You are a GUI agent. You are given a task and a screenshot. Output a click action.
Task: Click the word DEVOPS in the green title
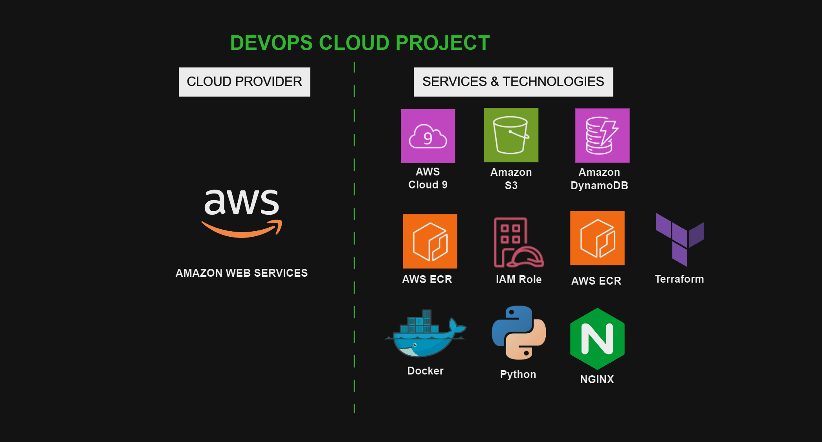coord(271,43)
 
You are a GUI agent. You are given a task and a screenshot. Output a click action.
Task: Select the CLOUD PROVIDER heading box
coord(244,82)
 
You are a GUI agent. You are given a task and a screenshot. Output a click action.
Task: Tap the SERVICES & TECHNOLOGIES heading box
coord(513,82)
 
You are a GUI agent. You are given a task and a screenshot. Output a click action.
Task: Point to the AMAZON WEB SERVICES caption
coord(242,273)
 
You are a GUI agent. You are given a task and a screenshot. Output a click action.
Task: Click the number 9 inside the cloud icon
coord(428,138)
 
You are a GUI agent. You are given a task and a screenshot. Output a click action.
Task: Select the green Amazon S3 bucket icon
coord(511,135)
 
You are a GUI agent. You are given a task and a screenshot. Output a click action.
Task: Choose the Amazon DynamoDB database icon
coord(602,135)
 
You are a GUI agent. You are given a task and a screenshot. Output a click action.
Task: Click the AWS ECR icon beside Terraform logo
coord(597,238)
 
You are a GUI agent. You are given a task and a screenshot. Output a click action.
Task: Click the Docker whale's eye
coord(415,345)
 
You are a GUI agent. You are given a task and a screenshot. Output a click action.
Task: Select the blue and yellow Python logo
coord(519,333)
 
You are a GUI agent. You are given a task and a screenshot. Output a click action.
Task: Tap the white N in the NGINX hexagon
coord(597,339)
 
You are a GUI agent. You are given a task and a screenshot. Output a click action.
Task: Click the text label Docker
coord(425,371)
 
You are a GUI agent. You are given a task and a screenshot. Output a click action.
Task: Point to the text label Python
coord(518,374)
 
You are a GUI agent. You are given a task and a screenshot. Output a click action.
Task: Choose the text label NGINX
coord(597,379)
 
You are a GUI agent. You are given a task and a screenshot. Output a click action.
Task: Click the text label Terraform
coord(679,279)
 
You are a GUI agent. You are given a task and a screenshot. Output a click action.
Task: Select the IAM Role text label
coord(519,279)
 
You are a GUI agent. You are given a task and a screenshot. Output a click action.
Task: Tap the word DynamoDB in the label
coord(599,185)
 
